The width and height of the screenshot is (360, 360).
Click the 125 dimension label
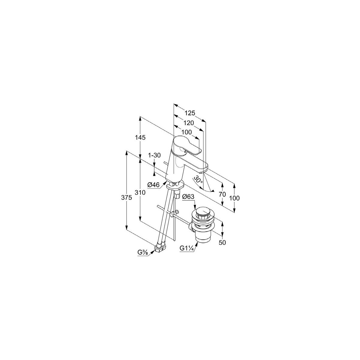click(190, 113)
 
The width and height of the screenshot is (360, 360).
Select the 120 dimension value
click(188, 123)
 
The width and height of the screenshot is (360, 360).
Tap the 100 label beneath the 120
click(187, 132)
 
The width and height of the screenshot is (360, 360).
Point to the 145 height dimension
click(140, 137)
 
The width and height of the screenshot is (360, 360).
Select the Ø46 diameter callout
click(154, 185)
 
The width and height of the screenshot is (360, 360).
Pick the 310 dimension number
click(140, 192)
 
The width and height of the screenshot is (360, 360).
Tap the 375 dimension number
click(127, 198)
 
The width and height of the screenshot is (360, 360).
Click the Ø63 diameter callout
click(188, 196)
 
